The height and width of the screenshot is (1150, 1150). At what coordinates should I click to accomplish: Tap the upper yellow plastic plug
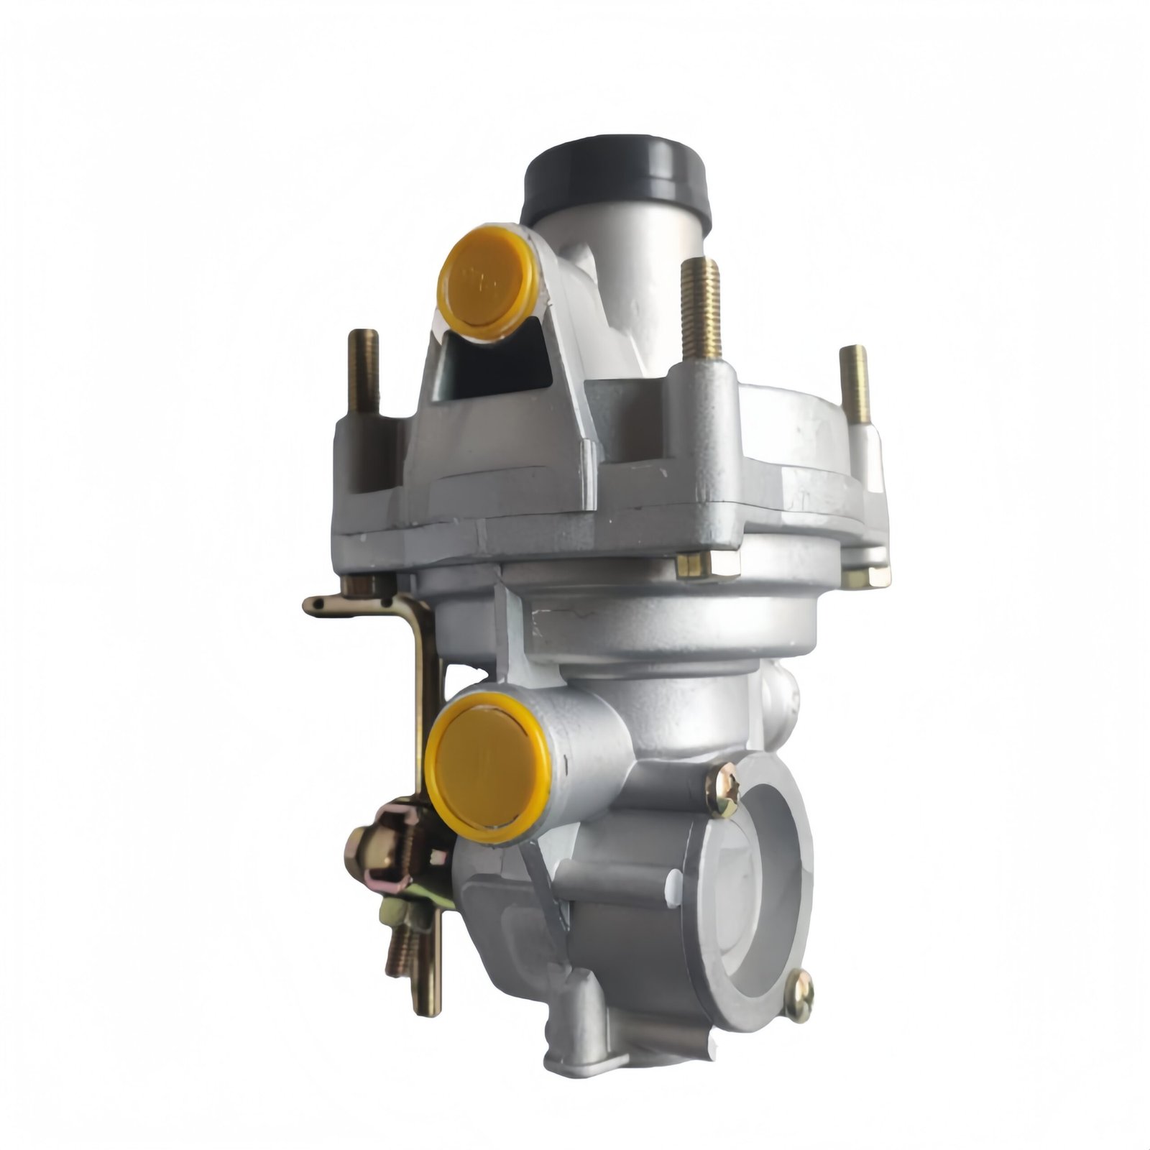coord(487,282)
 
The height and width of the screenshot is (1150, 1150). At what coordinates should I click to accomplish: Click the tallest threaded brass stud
coord(701,309)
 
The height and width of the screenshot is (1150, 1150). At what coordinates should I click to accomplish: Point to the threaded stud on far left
coord(363,372)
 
